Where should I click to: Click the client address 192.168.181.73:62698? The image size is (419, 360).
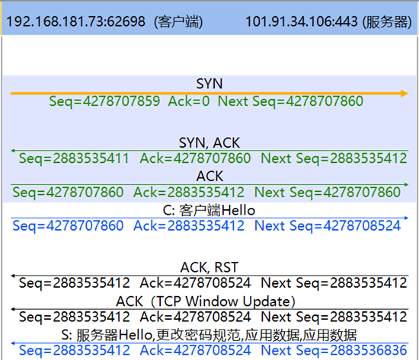75,21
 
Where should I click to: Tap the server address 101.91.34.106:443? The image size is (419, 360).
301,21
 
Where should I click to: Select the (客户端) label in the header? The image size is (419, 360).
178,21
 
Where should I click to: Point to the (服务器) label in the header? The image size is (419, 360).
387,21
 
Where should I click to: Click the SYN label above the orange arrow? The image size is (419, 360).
209,84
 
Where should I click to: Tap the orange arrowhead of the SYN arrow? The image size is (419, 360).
405,94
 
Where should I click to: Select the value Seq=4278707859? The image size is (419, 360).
104,101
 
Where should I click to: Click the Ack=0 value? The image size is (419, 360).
189,101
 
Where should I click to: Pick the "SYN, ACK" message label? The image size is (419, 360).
209,142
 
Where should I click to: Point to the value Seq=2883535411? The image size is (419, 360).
74,158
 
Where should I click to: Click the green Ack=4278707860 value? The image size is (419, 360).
195,158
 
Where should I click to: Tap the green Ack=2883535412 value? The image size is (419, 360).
189,192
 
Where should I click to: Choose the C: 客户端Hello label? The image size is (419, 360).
209,210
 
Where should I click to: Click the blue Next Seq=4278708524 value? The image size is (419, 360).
328,226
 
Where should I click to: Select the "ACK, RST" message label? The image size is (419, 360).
209,267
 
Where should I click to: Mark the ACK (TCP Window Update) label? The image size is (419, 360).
206,301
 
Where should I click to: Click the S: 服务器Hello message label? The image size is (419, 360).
209,335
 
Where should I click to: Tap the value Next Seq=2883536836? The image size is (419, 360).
334,350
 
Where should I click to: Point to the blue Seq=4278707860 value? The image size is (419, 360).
68,226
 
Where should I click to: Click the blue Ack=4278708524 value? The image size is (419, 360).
195,350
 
